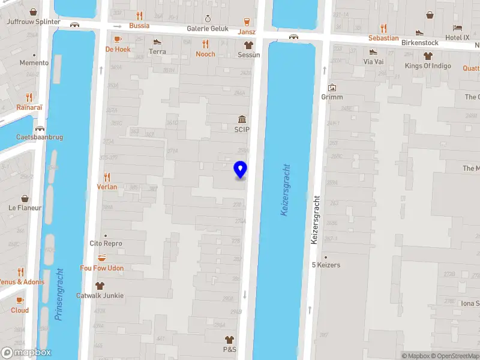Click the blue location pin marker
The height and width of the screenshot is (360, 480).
[x=241, y=169]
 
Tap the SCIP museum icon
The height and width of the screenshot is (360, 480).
[x=242, y=119]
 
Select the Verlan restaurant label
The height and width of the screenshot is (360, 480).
[x=107, y=187]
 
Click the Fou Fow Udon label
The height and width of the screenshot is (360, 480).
[x=102, y=268]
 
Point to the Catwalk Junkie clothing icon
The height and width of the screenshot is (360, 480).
[x=100, y=286]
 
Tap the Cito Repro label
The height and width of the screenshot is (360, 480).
[x=106, y=244]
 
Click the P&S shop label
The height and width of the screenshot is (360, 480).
[x=229, y=349]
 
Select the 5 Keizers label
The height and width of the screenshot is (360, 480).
[x=326, y=265]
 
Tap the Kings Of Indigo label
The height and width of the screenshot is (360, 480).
[x=428, y=66]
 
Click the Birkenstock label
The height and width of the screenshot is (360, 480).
[x=419, y=43]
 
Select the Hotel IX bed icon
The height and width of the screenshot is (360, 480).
[x=458, y=28]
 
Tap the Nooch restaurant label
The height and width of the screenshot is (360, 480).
[x=205, y=54]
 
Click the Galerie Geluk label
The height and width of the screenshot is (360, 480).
[x=208, y=28]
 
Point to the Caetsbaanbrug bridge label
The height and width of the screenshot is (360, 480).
[x=40, y=137]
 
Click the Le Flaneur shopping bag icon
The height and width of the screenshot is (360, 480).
[x=25, y=199]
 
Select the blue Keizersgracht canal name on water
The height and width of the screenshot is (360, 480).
[x=285, y=191]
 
